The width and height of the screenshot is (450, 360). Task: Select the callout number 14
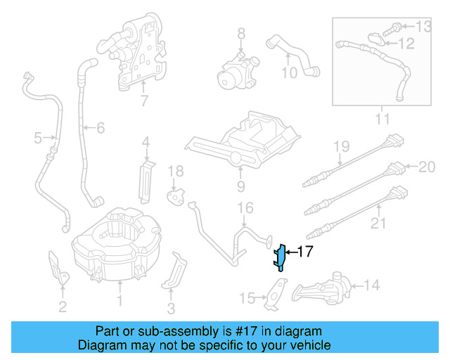[x=371, y=285]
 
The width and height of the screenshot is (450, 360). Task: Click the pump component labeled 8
[x=233, y=72]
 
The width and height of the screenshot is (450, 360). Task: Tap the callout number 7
[x=144, y=101]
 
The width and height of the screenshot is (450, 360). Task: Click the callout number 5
[x=38, y=139]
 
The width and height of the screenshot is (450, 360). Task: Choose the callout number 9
[x=240, y=186]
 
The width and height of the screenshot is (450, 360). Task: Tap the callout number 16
[x=244, y=208]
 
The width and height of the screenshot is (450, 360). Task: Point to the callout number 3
[x=171, y=307]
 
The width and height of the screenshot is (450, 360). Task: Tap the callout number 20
[x=427, y=167]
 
